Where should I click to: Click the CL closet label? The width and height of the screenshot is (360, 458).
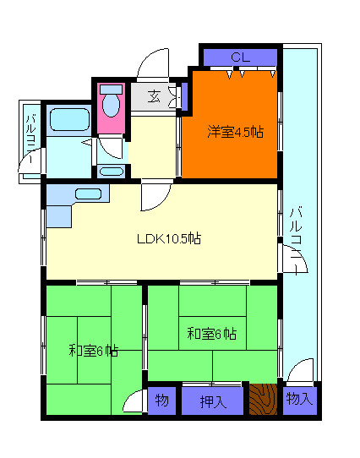[x=240, y=57]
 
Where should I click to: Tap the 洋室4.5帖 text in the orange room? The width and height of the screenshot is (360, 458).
[x=236, y=132]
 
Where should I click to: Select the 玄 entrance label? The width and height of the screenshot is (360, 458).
[x=155, y=95]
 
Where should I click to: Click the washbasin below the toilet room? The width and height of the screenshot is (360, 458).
[x=111, y=171]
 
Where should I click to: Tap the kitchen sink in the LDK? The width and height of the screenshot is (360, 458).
[x=88, y=194]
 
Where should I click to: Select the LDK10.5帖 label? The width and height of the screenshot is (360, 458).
[x=169, y=238]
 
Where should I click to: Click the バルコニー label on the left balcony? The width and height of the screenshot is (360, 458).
[x=30, y=139]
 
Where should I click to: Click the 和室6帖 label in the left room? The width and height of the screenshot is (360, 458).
[x=93, y=351]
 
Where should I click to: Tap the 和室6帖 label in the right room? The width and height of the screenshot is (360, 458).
[x=211, y=333]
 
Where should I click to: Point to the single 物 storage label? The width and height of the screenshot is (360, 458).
[x=161, y=401]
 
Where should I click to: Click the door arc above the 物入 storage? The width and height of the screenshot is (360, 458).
[x=301, y=371]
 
